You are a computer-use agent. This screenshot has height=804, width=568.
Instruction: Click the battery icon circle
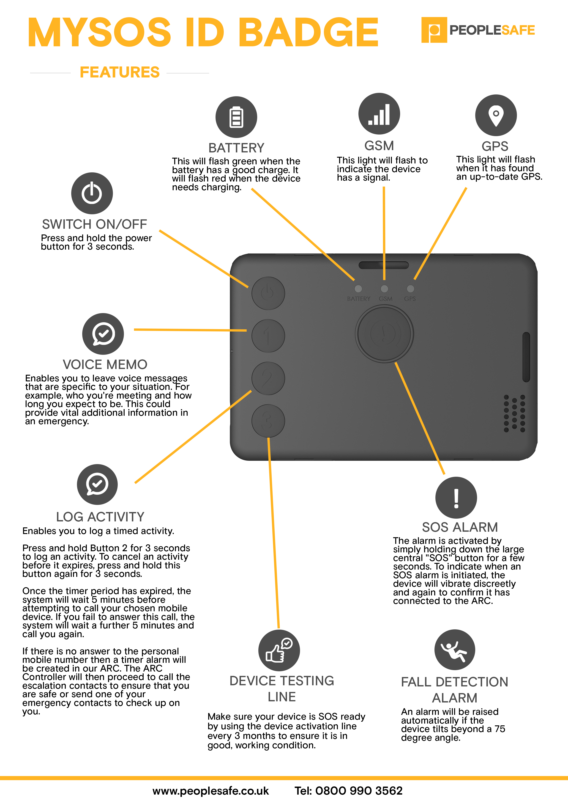click(236, 117)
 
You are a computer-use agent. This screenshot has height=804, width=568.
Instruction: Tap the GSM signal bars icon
click(379, 114)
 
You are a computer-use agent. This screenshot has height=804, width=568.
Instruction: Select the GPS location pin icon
click(496, 115)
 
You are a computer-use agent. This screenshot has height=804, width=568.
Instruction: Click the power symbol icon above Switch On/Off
click(92, 193)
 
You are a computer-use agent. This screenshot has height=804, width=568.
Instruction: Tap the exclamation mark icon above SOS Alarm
click(456, 498)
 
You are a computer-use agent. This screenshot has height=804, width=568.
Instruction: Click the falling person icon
click(455, 650)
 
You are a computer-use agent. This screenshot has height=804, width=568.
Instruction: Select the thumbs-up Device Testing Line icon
click(279, 650)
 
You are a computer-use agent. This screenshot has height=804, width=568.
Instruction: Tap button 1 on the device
click(268, 336)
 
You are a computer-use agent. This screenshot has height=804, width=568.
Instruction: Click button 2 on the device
click(268, 378)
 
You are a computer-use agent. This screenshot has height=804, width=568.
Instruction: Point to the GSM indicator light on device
click(384, 289)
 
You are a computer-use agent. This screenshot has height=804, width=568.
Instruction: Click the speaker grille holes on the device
click(514, 413)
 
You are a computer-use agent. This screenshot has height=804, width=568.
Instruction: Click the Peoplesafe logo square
click(434, 30)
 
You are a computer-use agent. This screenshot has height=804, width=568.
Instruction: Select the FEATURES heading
click(120, 72)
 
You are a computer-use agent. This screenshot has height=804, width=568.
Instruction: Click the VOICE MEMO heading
click(105, 365)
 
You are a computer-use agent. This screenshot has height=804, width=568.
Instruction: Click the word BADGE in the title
click(309, 32)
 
